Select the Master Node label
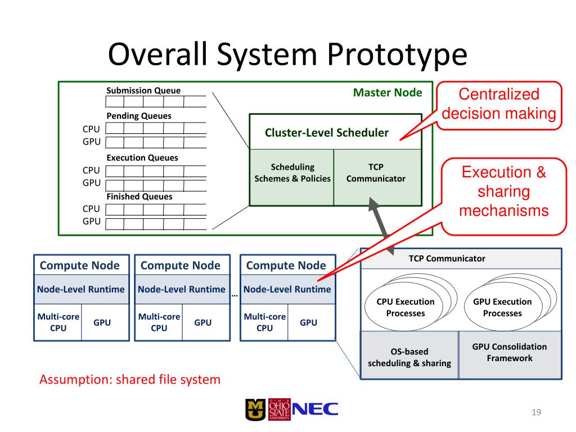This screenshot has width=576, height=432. pos(387,92)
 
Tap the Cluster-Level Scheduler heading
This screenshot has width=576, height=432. pos(327,133)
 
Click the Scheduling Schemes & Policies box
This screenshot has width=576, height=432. pos(292,173)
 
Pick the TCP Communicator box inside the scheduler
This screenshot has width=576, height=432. pos(376,173)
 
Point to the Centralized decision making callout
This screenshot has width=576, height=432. pos(498,104)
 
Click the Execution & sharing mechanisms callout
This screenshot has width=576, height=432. pos(503,191)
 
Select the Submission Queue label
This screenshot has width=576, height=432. pos(143,91)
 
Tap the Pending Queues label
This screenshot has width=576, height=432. pos(139,116)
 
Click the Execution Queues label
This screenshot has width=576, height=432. pos(142,157)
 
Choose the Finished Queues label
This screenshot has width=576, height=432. pos(139,196)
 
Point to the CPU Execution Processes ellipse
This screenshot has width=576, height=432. pos(405,308)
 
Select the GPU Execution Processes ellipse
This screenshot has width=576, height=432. pos(502,308)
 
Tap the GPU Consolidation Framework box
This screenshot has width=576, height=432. pos(510,353)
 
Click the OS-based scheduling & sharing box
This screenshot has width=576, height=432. pos(409,357)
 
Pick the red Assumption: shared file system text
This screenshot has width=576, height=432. pos(130,380)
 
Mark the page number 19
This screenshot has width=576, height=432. pos(535,413)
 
